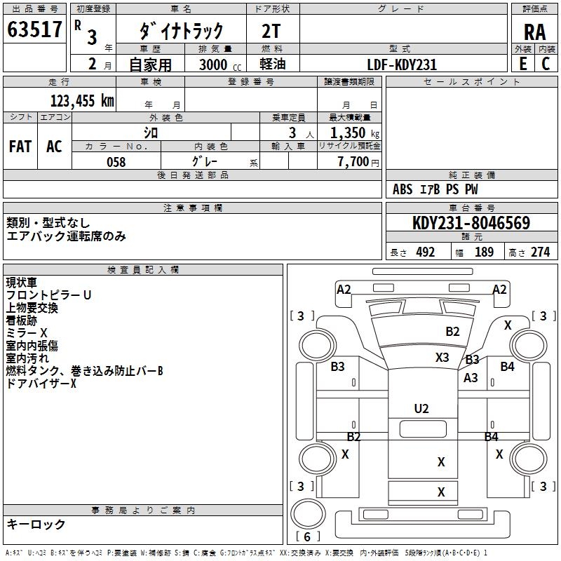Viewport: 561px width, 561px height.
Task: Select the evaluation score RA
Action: pos(534,32)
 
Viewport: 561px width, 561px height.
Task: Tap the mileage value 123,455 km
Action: pos(82,101)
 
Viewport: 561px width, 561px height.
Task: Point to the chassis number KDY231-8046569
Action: pos(471,224)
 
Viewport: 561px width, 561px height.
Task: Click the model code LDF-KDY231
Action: pos(401,65)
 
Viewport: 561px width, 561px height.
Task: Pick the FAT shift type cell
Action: pos(20,146)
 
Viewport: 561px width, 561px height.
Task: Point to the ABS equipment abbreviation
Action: pos(403,189)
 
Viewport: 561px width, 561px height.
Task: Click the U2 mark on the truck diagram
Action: pos(421,409)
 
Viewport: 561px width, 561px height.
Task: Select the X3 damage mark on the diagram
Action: pos(442,357)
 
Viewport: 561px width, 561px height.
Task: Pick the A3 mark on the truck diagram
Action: pos(471,378)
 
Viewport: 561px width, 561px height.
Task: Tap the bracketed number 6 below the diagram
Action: pos(309,536)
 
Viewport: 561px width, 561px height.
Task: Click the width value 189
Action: pos(484,252)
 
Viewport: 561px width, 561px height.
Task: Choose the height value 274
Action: pos(540,252)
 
